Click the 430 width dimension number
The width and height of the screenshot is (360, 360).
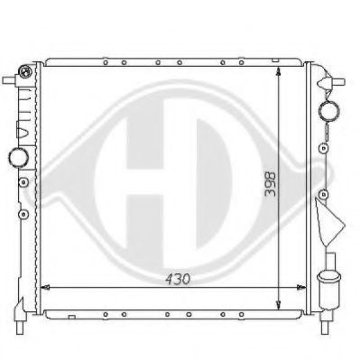[x=178, y=280]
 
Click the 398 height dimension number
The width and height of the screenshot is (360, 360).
[x=270, y=184]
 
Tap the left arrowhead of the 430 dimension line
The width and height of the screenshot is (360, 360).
[x=44, y=288]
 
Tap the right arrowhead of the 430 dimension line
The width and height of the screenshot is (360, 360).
[x=301, y=288]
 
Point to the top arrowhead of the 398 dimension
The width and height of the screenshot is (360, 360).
[x=279, y=72]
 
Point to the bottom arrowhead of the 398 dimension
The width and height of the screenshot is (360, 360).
[x=279, y=305]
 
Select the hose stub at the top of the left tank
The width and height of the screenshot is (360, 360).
[x=10, y=80]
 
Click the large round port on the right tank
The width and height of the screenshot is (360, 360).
[x=328, y=110]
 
